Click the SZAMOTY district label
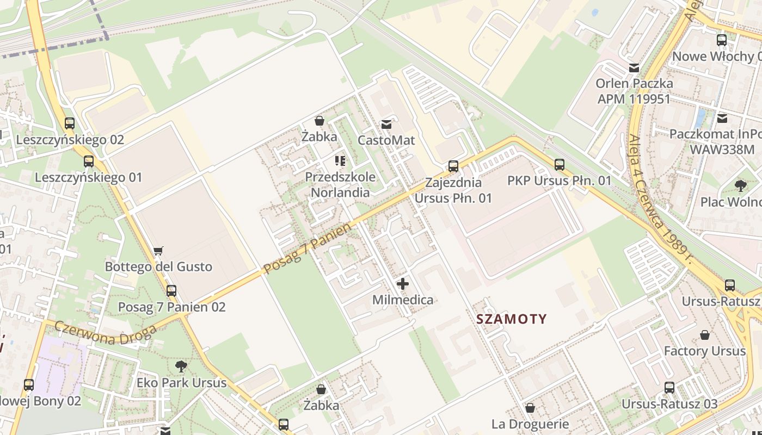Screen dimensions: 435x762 click(x=511, y=319)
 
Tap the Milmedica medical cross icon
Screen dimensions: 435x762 click(x=403, y=284)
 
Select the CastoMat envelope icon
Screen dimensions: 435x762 click(x=386, y=125)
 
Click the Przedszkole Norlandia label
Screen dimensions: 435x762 click(x=340, y=184)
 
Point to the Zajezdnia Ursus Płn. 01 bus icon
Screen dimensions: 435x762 click(x=453, y=166)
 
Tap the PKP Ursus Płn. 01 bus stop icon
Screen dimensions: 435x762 click(x=560, y=164)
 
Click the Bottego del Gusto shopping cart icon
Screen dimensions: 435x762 click(x=158, y=251)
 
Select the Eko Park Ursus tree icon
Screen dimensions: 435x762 click(x=181, y=366)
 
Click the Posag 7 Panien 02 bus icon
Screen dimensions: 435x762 click(x=171, y=291)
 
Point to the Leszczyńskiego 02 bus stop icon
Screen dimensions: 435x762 click(x=70, y=123)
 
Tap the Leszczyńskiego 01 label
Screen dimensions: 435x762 click(x=88, y=178)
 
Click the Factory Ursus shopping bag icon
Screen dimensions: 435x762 click(x=705, y=335)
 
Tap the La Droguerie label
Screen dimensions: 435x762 click(x=530, y=424)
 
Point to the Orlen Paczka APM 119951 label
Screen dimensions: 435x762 click(x=634, y=91)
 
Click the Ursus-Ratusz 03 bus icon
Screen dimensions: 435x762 click(x=669, y=388)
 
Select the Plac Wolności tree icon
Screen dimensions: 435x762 click(x=740, y=186)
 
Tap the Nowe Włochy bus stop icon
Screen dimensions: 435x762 click(x=722, y=40)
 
